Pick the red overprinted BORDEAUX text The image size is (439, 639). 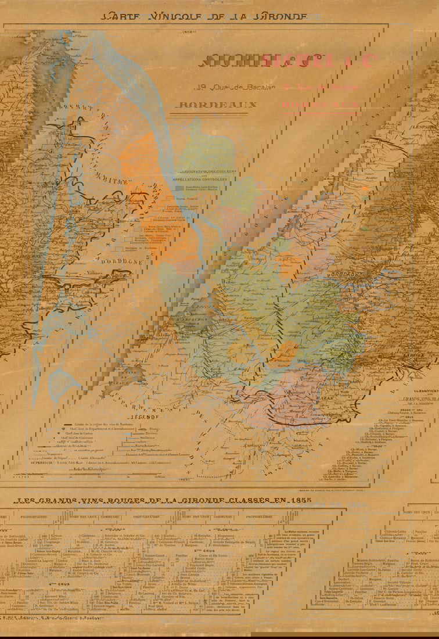(x=319, y=106)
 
